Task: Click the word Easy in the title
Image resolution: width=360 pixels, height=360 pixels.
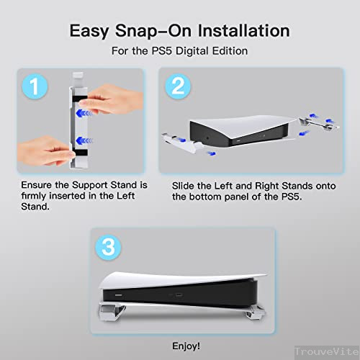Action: coord(91,31)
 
